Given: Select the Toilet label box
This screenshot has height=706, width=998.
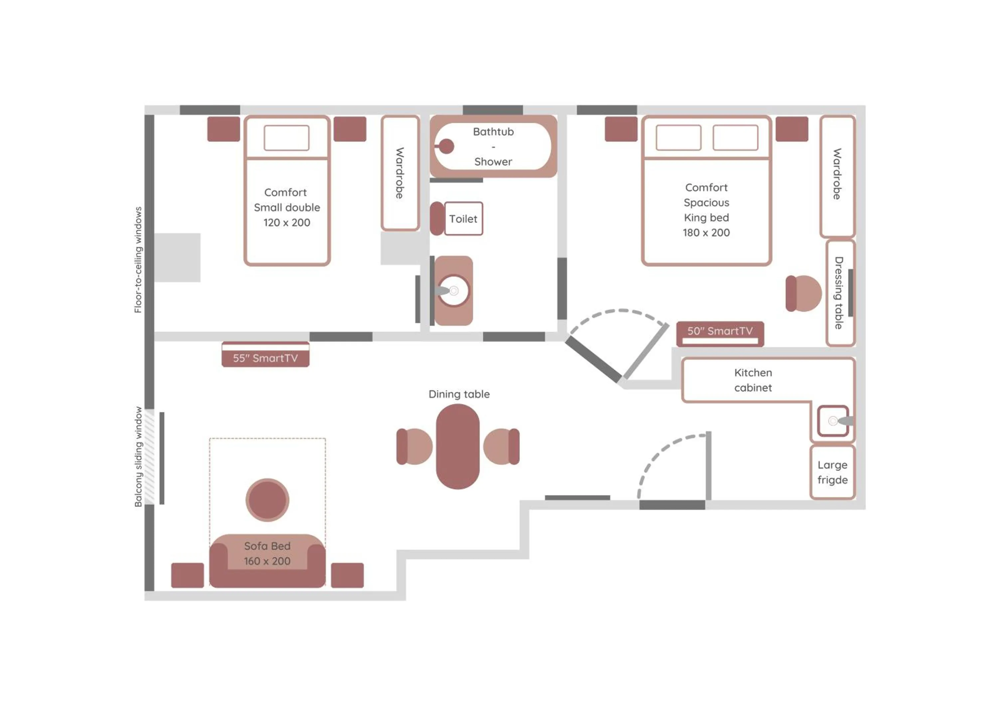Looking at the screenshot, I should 463,219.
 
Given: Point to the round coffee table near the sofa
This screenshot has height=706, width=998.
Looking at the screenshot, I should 267,500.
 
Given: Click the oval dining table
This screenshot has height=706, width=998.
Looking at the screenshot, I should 458,446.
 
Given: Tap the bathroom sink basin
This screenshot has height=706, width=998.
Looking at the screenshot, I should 454,291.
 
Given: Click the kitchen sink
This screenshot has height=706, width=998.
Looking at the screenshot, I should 833,420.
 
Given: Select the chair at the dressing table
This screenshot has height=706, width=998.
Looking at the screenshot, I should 803,294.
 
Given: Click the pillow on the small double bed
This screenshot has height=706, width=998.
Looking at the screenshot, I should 286,138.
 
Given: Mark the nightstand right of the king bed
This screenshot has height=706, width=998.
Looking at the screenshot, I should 791,129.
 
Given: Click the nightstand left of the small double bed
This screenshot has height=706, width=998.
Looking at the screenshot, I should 223,129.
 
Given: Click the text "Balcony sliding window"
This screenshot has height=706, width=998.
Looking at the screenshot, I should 138,456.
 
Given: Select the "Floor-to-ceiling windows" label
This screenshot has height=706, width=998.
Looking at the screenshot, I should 138,260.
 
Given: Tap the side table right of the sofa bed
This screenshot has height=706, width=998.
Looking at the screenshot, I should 347,575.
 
